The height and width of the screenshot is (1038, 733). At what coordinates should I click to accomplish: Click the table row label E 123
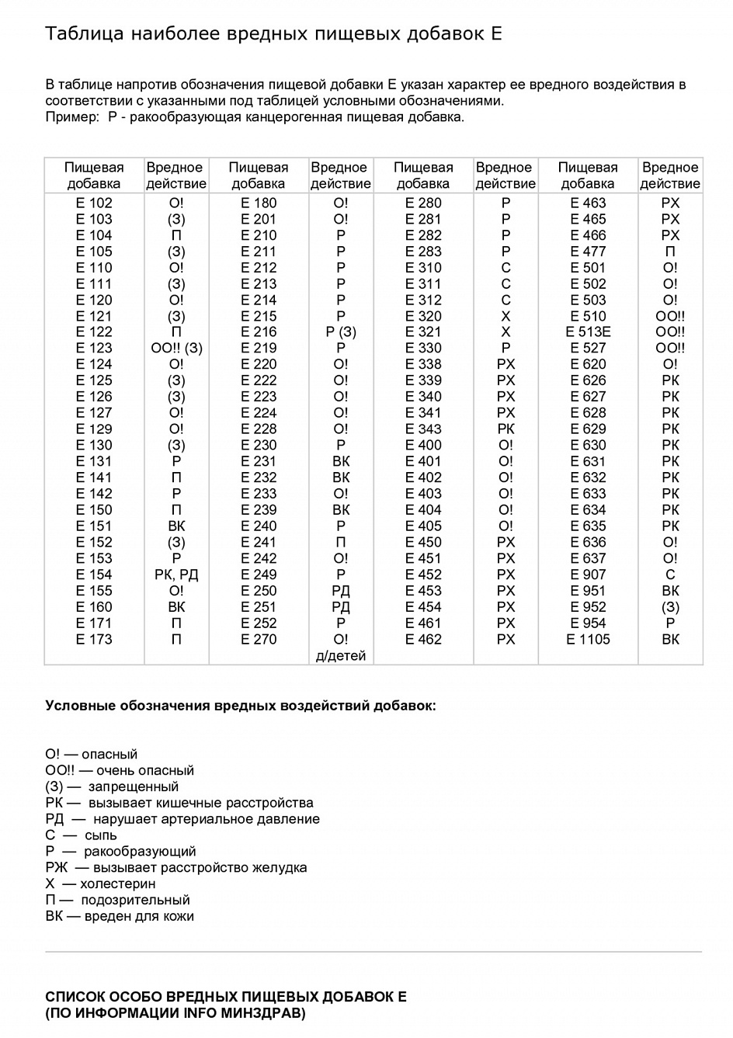[x=94, y=348]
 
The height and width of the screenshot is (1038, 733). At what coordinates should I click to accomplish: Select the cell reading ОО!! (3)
[x=176, y=348]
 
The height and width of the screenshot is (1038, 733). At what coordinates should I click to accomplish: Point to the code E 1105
[x=588, y=639]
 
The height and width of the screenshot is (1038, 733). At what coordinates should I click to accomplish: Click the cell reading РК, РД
[x=176, y=575]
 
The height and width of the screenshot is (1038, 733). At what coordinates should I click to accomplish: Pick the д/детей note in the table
[x=341, y=656]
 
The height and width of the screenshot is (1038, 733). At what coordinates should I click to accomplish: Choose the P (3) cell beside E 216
[x=341, y=332]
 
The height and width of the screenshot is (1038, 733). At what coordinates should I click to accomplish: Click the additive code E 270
[x=259, y=639]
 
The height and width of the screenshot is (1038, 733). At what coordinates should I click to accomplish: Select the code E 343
[x=423, y=429]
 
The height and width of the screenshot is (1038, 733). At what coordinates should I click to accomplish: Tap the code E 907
[x=588, y=575]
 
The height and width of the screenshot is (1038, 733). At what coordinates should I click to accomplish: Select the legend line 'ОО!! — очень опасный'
[x=120, y=770]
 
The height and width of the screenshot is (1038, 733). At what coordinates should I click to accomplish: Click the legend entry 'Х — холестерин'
[x=100, y=884]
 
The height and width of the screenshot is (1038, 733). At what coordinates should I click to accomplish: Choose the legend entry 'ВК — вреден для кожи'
[x=120, y=916]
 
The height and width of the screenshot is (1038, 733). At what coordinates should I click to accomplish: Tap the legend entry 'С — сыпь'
[x=81, y=835]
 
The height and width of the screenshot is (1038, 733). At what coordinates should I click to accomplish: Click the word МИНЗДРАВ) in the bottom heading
[x=263, y=1013]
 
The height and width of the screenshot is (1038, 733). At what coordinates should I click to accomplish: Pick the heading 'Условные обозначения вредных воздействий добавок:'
[x=241, y=706]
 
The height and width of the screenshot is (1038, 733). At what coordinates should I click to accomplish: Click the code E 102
[x=94, y=203]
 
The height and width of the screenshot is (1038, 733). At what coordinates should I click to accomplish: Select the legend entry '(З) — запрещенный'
[x=112, y=786]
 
